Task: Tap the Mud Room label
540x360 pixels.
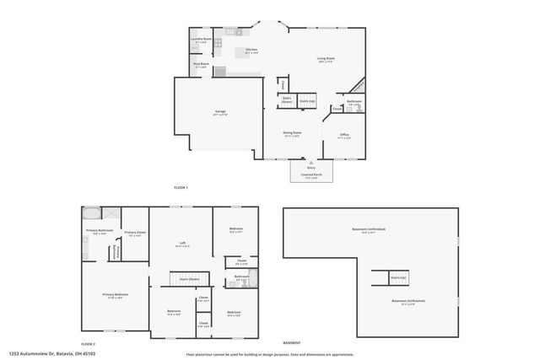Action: point(200,65)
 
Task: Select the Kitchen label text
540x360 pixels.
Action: point(251,51)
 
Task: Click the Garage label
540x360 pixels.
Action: point(219,111)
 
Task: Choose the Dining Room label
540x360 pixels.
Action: point(292,133)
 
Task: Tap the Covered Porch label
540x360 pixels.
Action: point(305,175)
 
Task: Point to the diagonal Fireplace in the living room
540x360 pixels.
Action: point(359,87)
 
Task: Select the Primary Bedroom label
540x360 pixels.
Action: point(114,296)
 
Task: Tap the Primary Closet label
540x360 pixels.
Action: point(135,233)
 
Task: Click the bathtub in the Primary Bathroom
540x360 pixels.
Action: point(92,213)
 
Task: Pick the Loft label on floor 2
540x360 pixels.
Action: point(182,244)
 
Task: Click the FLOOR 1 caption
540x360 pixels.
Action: point(181,186)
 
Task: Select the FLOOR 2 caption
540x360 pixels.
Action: point(88,345)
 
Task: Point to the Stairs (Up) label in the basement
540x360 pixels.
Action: point(398,277)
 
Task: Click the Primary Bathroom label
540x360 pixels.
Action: point(100,231)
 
